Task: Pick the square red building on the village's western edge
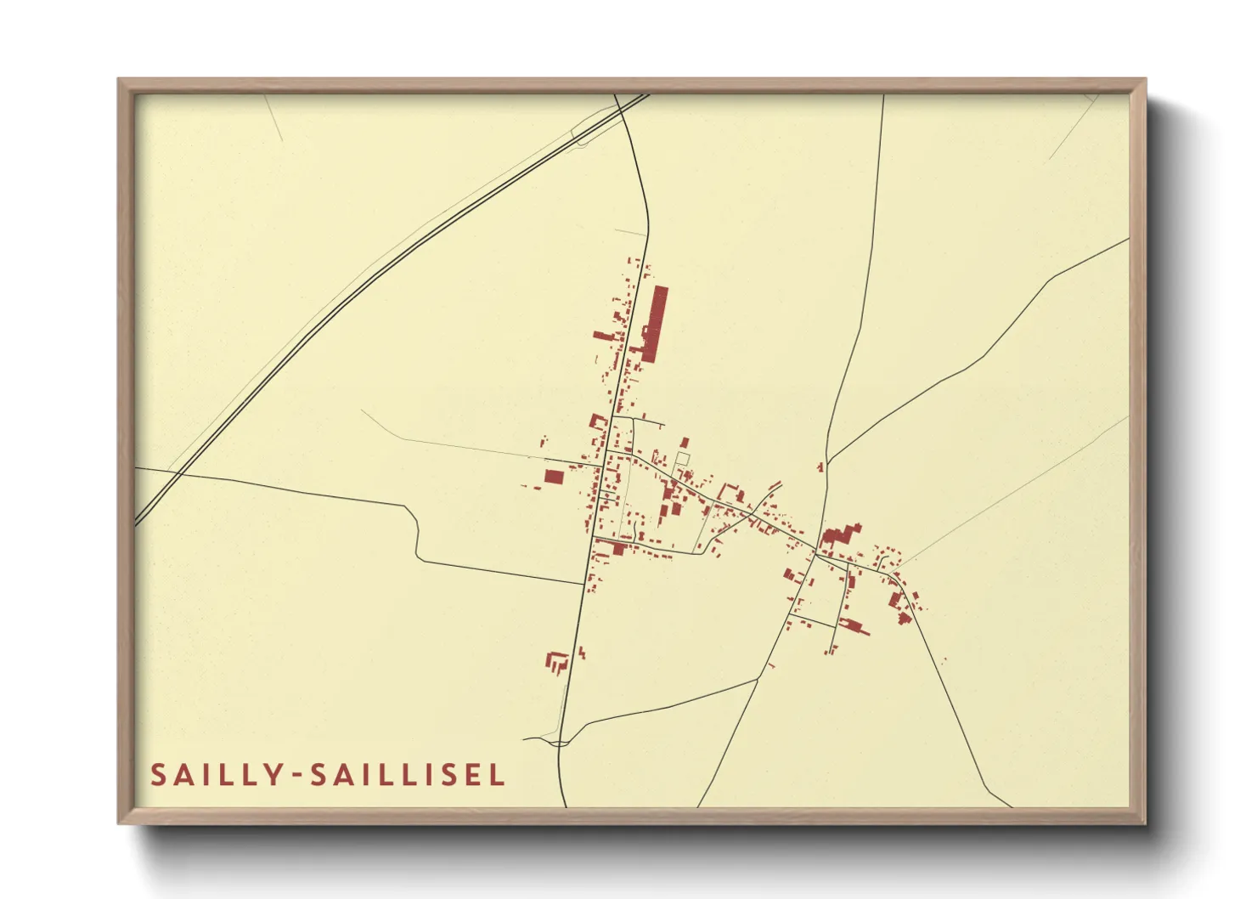pyautogui.click(x=554, y=477)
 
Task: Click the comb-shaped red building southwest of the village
pyautogui.click(x=557, y=661)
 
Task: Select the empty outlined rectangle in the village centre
pyautogui.click(x=682, y=459)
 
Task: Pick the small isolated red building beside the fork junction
pyautogui.click(x=820, y=466)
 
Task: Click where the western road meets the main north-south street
pyautogui.click(x=583, y=584)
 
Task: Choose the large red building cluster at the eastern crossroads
pyautogui.click(x=838, y=536)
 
